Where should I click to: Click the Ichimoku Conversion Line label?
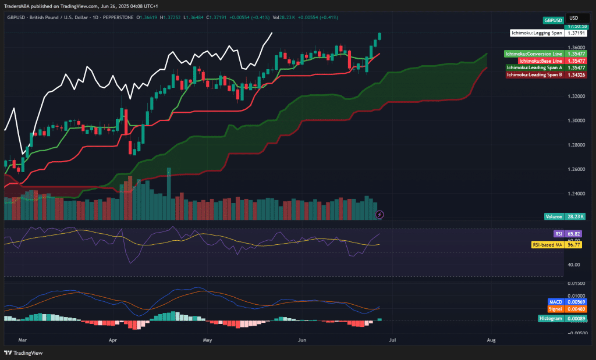[x=534, y=54]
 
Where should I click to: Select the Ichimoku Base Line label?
[x=541, y=60]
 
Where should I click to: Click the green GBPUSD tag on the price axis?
[x=553, y=20]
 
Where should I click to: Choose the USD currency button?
[x=573, y=18]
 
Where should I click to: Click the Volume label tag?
[x=554, y=216]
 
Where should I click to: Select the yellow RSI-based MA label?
[x=547, y=245]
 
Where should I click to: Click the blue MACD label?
[x=555, y=302]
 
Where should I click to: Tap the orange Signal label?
[x=555, y=309]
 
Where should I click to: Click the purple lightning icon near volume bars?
[x=379, y=215]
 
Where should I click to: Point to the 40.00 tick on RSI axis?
[x=573, y=265]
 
